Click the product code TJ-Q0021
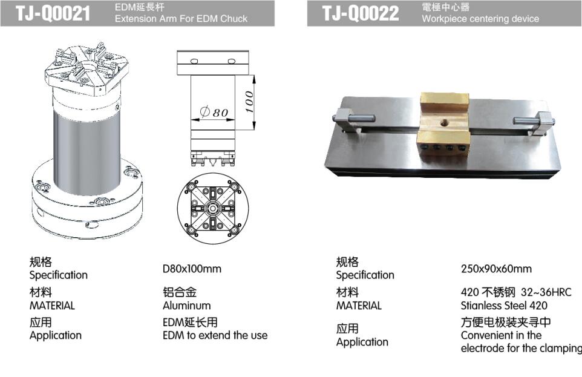(x=53, y=13)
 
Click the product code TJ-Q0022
(x=361, y=13)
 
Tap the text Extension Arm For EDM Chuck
(x=181, y=19)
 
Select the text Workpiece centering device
(x=480, y=19)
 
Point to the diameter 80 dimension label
(x=214, y=111)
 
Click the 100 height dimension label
(x=249, y=102)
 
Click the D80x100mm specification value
(x=192, y=269)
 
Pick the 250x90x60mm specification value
(x=496, y=269)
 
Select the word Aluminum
(x=187, y=306)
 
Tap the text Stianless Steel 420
(x=504, y=306)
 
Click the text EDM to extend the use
(x=215, y=335)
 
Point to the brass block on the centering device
(x=445, y=122)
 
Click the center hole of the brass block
(x=444, y=122)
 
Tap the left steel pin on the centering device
(x=353, y=119)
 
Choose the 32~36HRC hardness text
(x=546, y=292)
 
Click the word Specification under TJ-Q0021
(x=59, y=275)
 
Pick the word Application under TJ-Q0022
(x=362, y=342)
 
